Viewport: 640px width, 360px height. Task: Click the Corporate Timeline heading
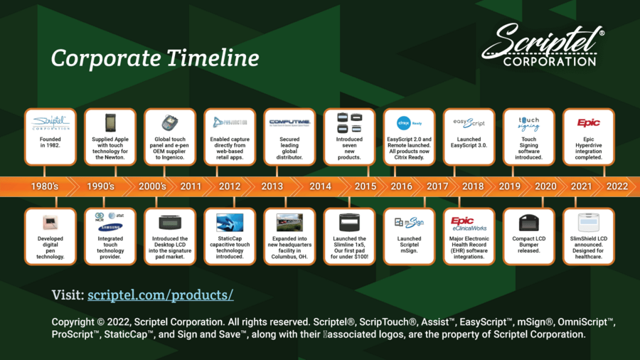tap(154, 57)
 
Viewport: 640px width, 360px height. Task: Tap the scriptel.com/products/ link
tap(160, 295)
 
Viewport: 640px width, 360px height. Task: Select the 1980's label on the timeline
tap(45, 186)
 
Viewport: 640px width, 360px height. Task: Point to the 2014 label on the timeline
tap(320, 186)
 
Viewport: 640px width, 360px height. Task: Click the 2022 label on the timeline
tap(617, 186)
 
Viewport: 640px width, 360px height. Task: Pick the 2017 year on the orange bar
tap(437, 186)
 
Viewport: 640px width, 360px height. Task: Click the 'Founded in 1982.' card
tap(50, 137)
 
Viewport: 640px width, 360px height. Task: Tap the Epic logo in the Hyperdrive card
tap(588, 122)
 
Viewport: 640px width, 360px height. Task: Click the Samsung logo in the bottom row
tap(110, 226)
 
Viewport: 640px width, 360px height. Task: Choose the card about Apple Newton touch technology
tap(110, 137)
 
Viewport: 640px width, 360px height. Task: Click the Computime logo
tap(289, 122)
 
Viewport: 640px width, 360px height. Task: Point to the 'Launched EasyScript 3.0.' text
tap(469, 143)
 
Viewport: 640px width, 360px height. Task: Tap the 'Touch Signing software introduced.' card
tap(528, 137)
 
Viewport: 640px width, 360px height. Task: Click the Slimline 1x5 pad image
tap(349, 221)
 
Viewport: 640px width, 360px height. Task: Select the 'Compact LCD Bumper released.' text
tap(528, 245)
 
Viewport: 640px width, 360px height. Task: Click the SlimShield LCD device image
tap(588, 221)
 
